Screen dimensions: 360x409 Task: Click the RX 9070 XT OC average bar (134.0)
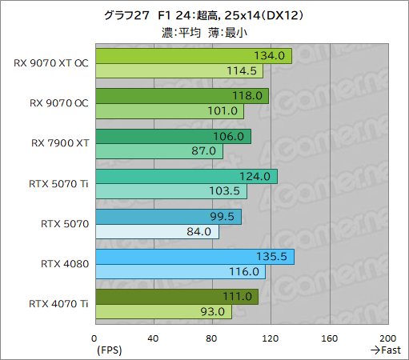point(193,55)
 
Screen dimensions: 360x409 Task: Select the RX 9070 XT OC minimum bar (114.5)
point(178,70)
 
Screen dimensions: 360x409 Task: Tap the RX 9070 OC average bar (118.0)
point(182,96)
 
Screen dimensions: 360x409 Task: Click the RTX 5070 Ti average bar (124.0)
point(186,176)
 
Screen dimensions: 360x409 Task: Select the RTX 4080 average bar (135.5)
point(194,257)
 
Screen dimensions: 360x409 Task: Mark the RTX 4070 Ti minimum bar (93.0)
point(163,311)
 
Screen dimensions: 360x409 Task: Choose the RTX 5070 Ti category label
point(58,183)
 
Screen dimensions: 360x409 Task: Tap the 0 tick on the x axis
point(94,338)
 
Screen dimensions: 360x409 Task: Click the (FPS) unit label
point(109,350)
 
